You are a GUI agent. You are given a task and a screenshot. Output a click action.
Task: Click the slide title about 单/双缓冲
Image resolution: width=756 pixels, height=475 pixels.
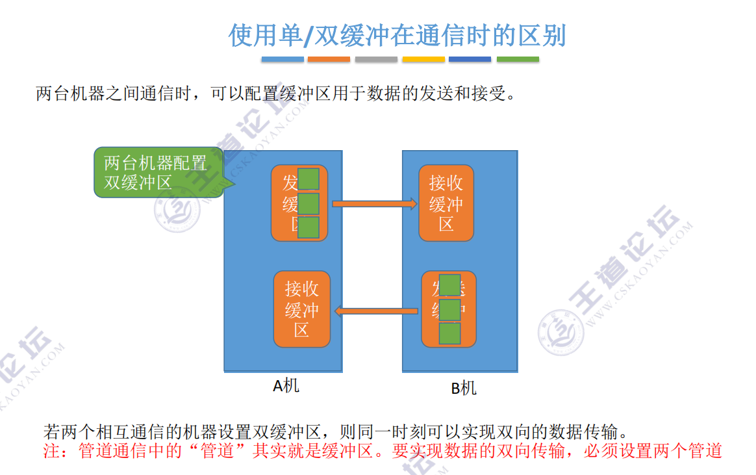click(x=397, y=36)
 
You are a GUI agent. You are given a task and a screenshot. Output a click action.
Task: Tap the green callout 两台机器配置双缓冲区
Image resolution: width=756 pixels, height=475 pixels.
click(x=156, y=172)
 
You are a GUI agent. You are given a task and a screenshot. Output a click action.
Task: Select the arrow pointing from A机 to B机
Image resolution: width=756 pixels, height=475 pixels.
click(x=374, y=204)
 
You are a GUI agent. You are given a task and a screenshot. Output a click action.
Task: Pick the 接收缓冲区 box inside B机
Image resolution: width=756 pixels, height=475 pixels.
click(x=446, y=203)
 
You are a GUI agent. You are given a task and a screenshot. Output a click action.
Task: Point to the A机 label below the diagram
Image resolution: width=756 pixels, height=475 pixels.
click(x=286, y=385)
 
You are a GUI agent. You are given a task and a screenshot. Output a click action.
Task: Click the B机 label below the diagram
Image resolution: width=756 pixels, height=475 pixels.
click(x=464, y=388)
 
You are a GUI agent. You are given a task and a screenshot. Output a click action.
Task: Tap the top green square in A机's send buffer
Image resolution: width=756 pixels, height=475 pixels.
click(x=309, y=179)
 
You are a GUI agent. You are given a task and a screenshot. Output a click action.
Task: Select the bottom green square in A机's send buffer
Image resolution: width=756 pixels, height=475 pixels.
click(x=309, y=227)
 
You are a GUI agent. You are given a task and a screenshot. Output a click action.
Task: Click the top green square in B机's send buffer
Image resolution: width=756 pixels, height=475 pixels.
click(x=450, y=285)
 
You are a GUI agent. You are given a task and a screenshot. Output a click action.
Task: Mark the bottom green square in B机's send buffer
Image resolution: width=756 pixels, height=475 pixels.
click(x=450, y=333)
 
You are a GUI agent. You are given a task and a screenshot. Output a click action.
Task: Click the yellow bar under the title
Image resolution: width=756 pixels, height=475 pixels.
click(x=423, y=59)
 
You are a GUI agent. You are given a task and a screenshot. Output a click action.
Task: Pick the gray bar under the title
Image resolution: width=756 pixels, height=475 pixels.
click(x=376, y=59)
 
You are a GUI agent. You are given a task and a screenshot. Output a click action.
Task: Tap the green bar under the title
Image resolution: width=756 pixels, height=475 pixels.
click(x=518, y=59)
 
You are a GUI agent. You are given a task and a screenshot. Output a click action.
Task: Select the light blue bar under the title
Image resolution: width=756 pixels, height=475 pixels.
click(x=283, y=59)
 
